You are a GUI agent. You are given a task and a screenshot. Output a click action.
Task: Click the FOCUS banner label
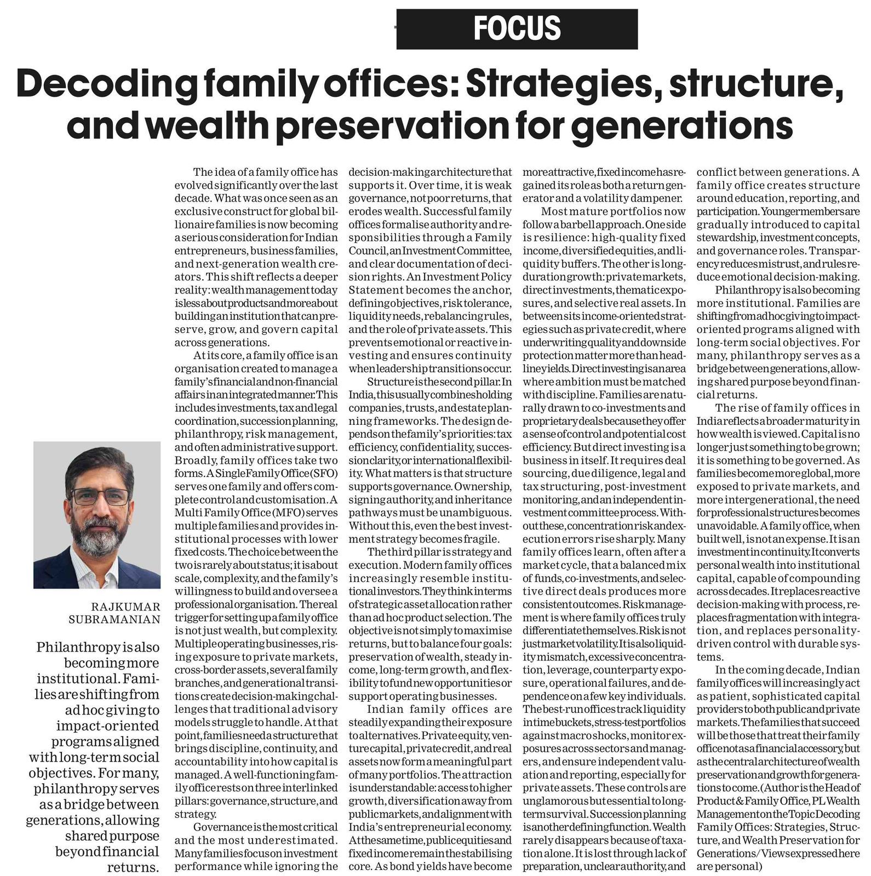pos(517,28)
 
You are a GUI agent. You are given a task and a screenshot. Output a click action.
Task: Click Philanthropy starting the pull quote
pos(77,647)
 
